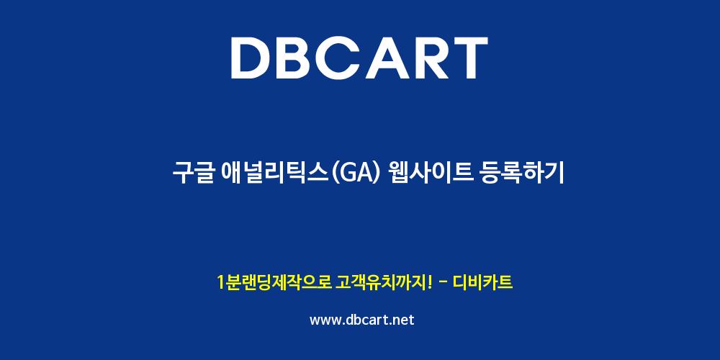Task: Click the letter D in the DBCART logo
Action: pos(251,58)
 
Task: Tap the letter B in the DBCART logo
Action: pos(297,58)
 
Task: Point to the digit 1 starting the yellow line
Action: pos(220,283)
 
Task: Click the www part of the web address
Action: pos(325,320)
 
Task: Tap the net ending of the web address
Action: pos(402,320)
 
